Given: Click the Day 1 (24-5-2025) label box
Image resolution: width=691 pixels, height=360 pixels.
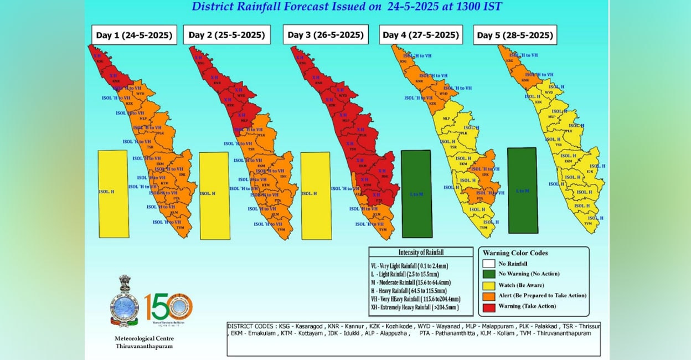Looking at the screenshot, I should [134, 35].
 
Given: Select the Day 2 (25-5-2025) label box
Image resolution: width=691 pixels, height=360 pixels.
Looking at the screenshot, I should [226, 35].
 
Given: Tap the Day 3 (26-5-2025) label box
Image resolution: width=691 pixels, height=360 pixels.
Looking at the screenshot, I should [326, 35].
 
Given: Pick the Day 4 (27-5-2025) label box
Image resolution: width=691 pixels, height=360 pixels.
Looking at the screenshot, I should [421, 35].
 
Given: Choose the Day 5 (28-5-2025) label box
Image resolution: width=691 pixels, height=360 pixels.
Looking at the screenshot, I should [515, 35].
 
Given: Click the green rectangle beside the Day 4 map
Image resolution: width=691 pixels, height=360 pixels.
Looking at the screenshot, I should [416, 193].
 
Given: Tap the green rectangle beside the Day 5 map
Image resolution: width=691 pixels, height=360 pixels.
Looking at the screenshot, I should [523, 190].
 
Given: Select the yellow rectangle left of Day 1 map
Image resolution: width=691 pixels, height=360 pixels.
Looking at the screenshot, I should [112, 193].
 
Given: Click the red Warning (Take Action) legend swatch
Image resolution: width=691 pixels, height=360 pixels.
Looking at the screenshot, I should [489, 306].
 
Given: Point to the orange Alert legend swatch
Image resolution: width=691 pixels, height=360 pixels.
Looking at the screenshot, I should [489, 296].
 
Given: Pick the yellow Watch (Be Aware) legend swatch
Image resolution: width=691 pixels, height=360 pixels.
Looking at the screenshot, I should [489, 285].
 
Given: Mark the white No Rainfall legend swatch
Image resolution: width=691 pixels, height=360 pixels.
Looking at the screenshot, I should [489, 264].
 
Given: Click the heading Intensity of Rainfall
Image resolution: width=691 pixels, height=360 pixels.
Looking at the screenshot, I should [421, 253].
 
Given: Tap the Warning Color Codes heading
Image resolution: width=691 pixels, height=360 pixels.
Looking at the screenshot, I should [515, 253].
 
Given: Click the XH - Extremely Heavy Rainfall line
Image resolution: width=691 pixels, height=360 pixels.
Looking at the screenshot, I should [415, 307].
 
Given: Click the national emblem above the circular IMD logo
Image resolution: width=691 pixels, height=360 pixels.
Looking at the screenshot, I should [124, 287].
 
